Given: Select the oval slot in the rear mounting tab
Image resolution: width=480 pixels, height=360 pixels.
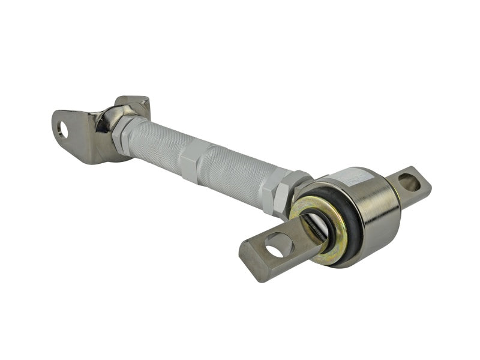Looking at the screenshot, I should (x=410, y=182).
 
